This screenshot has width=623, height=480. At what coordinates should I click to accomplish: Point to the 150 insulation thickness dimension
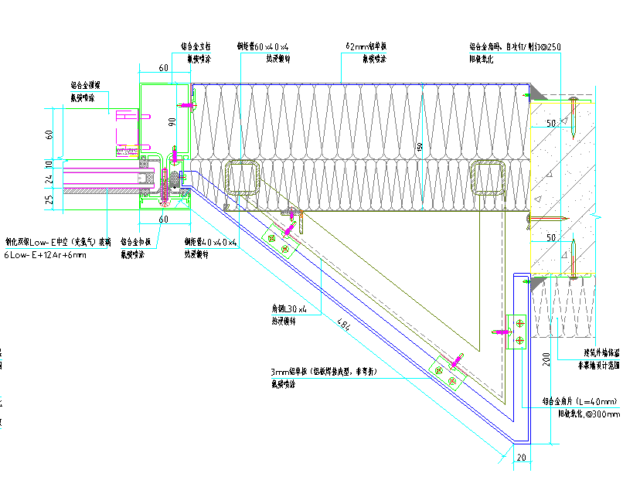click(x=420, y=147)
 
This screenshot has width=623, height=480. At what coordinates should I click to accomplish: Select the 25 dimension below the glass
click(x=50, y=201)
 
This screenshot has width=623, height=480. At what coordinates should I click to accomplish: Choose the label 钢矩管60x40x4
click(x=263, y=46)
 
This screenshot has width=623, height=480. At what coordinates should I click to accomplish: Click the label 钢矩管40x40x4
click(x=210, y=242)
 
